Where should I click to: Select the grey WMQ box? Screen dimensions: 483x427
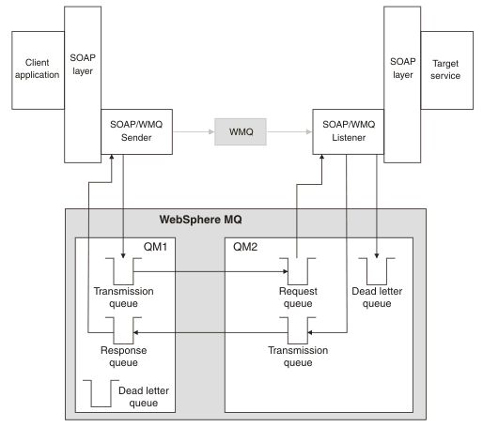click(x=241, y=131)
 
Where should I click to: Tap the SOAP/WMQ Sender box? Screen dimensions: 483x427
click(x=136, y=131)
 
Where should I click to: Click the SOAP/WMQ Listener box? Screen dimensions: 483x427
click(x=349, y=131)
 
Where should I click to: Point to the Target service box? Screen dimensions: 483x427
click(x=447, y=70)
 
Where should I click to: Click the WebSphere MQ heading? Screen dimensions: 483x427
click(x=200, y=220)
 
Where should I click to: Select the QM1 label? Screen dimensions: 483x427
click(x=155, y=247)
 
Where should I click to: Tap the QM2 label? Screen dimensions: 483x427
click(x=245, y=247)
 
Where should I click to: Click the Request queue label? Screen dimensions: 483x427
click(x=298, y=297)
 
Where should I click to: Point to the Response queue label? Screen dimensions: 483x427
click(x=123, y=357)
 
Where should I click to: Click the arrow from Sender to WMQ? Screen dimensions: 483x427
click(x=194, y=131)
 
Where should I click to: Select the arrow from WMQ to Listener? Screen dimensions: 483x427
click(x=290, y=131)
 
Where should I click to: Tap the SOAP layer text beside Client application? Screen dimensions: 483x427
click(x=83, y=65)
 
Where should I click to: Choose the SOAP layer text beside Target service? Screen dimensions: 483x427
click(x=403, y=68)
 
